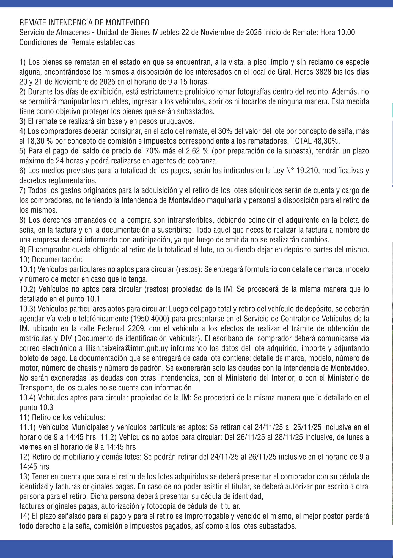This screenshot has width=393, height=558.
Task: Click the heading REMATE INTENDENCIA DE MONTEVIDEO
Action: [84, 22]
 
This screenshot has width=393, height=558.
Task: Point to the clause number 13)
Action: [24, 476]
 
